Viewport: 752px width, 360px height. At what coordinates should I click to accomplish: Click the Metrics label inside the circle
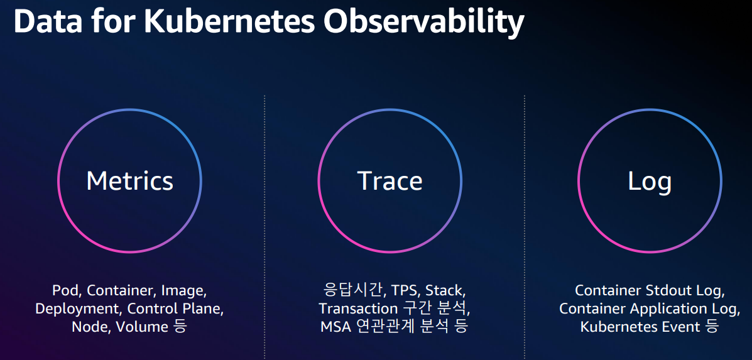click(x=129, y=181)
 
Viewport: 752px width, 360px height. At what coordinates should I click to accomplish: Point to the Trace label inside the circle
click(x=390, y=181)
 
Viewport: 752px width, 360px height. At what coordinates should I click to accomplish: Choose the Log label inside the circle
click(x=650, y=182)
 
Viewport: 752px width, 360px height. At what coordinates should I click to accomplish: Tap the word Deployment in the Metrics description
click(x=80, y=309)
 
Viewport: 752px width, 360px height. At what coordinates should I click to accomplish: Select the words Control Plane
click(x=175, y=308)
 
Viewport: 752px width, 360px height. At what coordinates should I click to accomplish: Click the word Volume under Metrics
click(x=141, y=327)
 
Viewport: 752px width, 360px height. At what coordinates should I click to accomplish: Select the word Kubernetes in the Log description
click(x=620, y=327)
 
